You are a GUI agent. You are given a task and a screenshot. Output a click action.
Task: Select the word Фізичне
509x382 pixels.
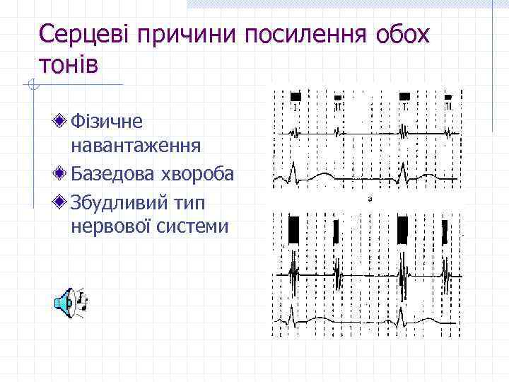click(107, 122)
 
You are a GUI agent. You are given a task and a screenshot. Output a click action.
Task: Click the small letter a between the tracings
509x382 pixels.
click(369, 200)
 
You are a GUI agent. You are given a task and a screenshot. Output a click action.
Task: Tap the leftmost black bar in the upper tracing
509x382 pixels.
click(296, 96)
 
